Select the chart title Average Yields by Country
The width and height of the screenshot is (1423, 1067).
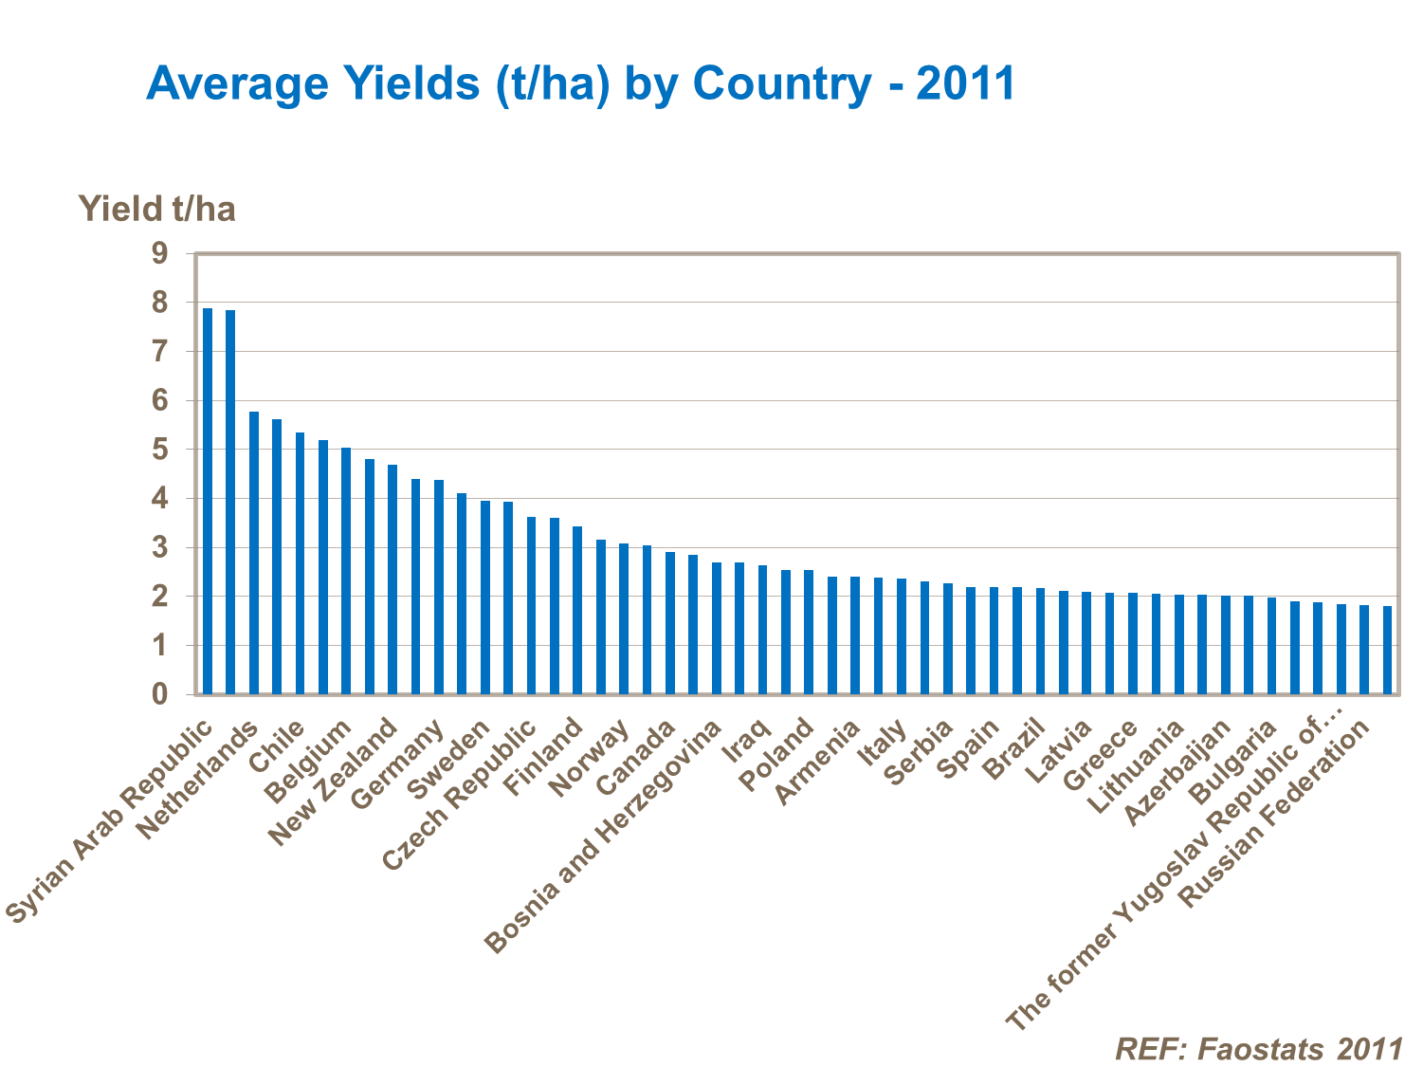click(x=580, y=83)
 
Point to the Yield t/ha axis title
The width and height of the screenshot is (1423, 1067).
click(x=156, y=209)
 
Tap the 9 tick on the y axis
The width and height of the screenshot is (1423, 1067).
click(x=158, y=253)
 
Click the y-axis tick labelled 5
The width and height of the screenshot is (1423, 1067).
click(x=158, y=450)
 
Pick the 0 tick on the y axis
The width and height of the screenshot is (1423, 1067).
click(x=158, y=694)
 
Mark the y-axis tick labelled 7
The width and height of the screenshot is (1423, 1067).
click(x=158, y=352)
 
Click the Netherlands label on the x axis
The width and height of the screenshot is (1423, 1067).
click(x=197, y=781)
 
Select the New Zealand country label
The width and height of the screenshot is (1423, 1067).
click(x=332, y=782)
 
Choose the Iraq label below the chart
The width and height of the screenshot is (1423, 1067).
click(x=745, y=742)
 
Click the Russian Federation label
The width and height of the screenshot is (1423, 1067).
click(x=1274, y=814)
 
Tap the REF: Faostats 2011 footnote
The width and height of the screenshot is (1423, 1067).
click(x=1258, y=1048)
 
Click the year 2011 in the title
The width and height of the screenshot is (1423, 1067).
click(x=966, y=83)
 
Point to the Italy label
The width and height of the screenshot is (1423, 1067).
click(x=883, y=744)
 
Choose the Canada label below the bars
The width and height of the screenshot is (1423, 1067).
click(x=636, y=757)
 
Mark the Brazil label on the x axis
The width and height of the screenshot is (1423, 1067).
click(x=1014, y=749)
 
